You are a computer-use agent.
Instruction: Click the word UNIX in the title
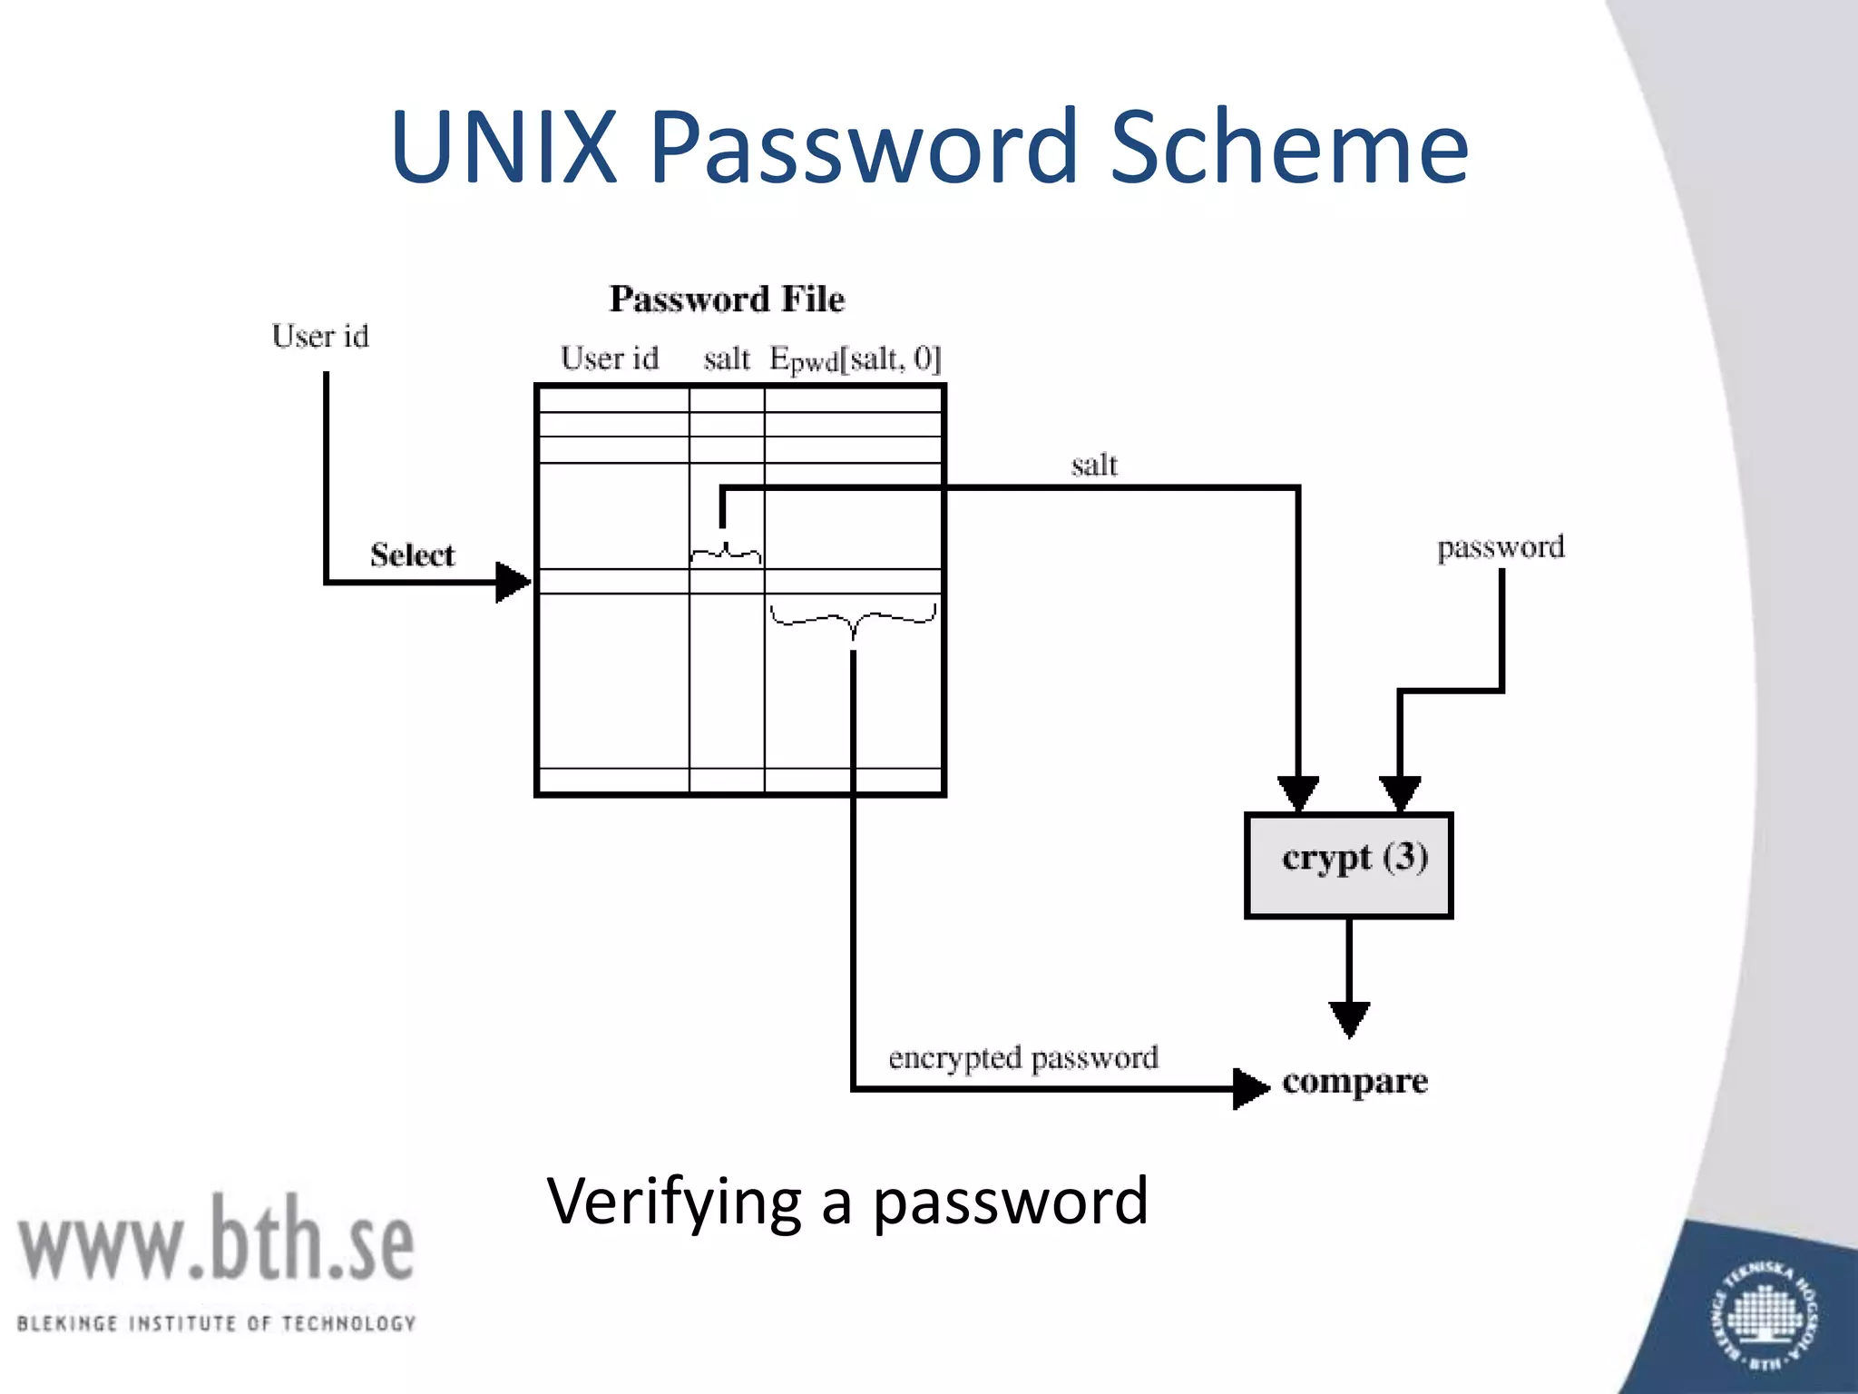504,147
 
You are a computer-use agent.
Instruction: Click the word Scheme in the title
1288,147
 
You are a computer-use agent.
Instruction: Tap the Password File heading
727,299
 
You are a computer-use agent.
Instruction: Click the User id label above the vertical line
320,337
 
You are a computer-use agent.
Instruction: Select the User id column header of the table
610,358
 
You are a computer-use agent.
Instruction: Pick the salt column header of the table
727,359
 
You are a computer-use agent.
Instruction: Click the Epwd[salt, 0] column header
856,360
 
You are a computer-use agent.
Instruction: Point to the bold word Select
412,555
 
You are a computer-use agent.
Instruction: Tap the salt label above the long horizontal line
1094,466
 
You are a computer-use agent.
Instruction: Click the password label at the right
1501,548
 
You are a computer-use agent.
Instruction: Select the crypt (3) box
1349,865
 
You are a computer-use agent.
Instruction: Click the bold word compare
1354,1082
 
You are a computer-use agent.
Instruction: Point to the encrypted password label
1023,1058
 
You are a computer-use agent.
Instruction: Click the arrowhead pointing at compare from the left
1251,1088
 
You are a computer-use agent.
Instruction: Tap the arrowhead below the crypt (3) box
1349,1019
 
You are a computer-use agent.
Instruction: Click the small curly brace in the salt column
726,553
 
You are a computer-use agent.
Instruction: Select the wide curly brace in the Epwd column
853,621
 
